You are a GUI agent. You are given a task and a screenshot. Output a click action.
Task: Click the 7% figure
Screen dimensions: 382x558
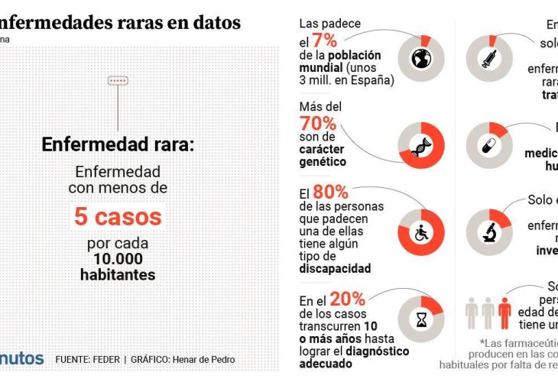point(324,41)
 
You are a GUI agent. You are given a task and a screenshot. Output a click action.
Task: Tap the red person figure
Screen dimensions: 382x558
point(504,314)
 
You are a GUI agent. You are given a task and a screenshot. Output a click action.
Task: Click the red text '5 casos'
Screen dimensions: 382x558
point(118,216)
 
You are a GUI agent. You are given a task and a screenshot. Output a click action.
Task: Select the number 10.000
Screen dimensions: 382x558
point(118,259)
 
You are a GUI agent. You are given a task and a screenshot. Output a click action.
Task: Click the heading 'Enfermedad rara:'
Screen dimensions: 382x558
point(118,143)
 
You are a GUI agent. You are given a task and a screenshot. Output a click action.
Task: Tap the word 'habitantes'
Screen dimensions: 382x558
point(118,274)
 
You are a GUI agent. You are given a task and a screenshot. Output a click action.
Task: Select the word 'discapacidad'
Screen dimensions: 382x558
point(335,268)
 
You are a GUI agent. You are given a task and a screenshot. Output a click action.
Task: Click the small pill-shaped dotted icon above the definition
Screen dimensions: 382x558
point(118,80)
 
